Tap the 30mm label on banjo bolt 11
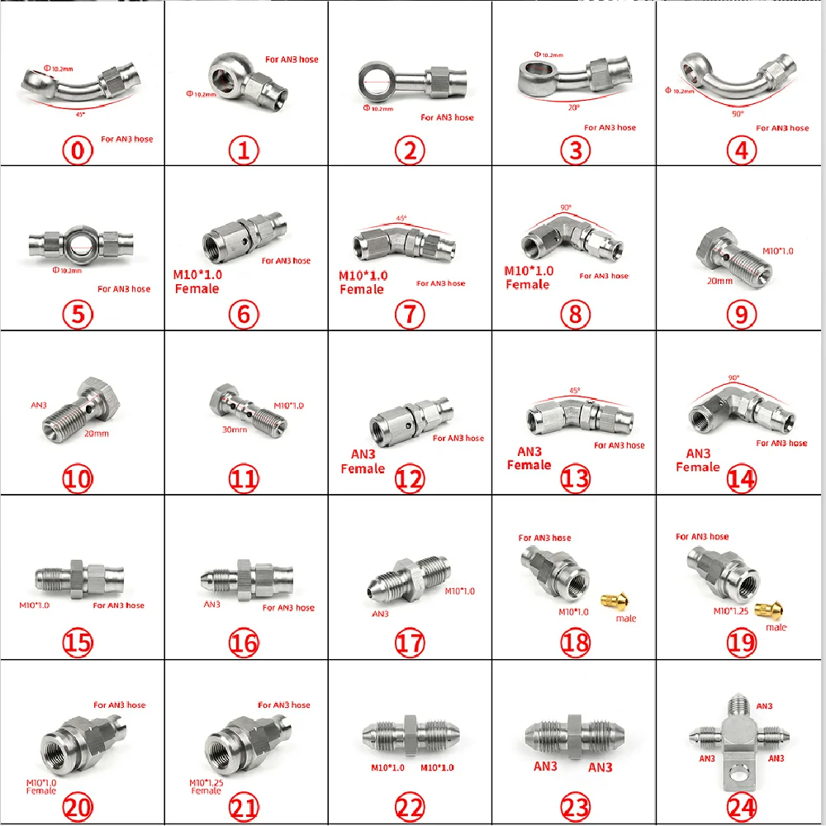pos(235,430)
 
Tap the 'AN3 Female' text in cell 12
pos(363,461)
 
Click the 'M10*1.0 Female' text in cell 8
pos(529,278)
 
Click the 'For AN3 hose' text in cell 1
pos(291,59)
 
